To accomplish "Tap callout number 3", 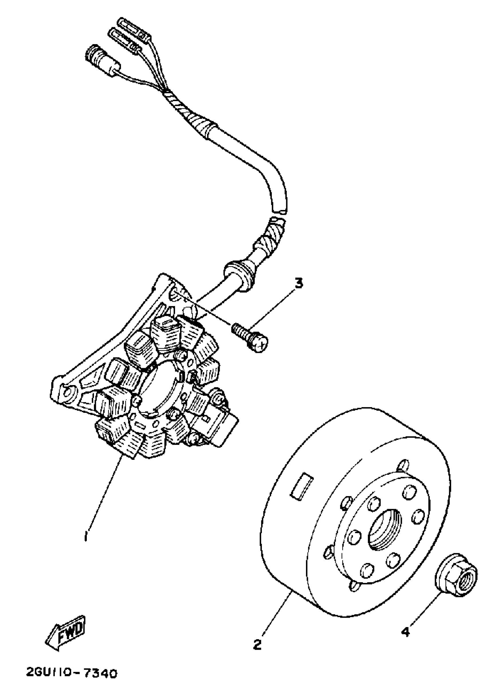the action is (x=298, y=283).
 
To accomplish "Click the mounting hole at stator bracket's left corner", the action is (x=66, y=392).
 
